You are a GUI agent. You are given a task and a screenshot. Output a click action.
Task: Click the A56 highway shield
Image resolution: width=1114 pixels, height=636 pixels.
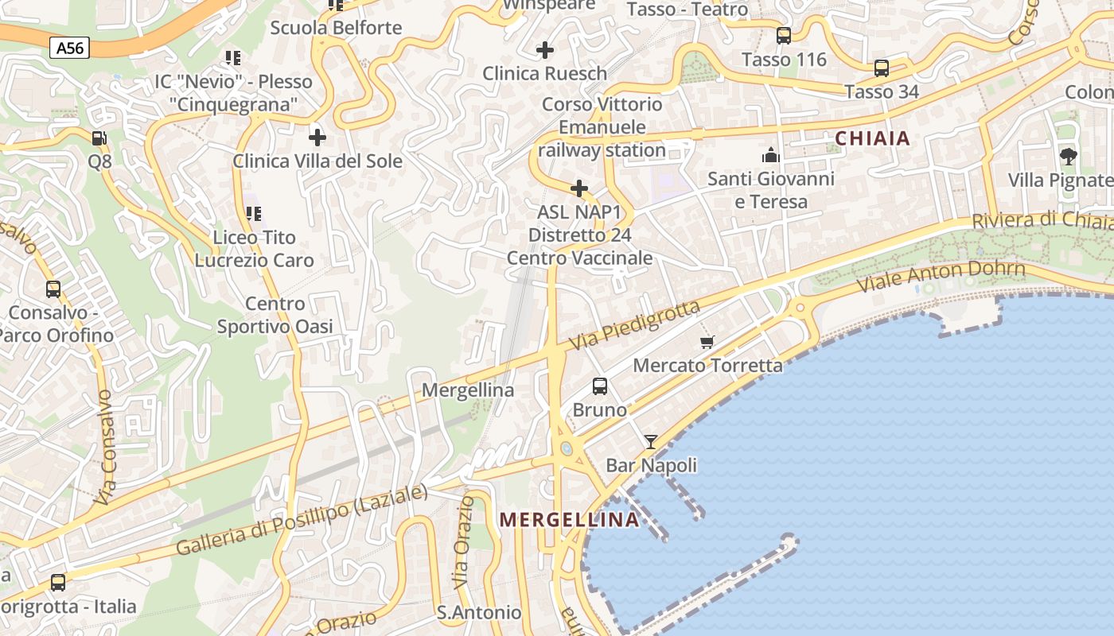pos(69,48)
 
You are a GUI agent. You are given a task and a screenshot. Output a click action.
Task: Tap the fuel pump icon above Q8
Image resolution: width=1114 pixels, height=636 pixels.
pos(99,138)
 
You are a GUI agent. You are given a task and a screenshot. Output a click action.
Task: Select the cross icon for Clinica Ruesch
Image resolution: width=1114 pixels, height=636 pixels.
pos(545,50)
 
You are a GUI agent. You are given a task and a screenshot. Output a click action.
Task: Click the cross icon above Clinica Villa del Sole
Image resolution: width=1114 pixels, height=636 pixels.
pos(317,138)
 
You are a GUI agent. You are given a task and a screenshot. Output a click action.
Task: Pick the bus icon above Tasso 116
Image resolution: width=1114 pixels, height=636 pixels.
pos(784,36)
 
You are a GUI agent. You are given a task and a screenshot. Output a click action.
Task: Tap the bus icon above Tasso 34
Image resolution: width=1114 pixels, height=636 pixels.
pos(882,68)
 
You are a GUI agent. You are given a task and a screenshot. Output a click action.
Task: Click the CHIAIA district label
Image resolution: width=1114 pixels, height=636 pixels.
pos(872,138)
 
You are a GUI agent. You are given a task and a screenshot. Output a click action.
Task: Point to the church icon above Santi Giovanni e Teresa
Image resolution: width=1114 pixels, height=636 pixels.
pos(770,154)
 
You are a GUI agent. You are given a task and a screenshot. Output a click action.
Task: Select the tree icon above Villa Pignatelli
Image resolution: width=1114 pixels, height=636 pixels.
pos(1068,156)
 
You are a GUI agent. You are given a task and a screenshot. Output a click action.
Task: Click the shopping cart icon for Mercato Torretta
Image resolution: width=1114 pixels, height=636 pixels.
pos(707,342)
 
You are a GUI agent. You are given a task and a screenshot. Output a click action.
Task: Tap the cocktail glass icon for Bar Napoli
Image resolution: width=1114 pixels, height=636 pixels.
pos(651,441)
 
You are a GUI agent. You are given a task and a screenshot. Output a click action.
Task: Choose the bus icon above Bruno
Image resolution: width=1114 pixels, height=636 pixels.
pos(600,386)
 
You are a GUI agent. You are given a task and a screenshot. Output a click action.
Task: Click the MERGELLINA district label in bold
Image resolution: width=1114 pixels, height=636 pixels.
pos(569,520)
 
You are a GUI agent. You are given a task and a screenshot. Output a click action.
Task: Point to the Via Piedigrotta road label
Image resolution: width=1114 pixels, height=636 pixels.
pos(635,325)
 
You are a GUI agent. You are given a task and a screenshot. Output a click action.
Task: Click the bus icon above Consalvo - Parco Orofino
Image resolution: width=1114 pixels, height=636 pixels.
pos(53,289)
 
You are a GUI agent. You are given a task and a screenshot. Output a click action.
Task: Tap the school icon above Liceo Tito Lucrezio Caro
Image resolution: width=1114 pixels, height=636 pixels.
pos(254,213)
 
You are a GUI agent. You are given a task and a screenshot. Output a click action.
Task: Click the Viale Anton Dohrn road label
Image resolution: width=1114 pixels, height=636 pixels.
pos(941,278)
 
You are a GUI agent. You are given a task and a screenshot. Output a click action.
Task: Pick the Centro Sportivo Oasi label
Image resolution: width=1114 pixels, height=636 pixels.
pos(275,315)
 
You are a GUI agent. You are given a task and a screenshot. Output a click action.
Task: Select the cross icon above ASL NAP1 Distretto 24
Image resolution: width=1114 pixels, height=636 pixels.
pos(580,188)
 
